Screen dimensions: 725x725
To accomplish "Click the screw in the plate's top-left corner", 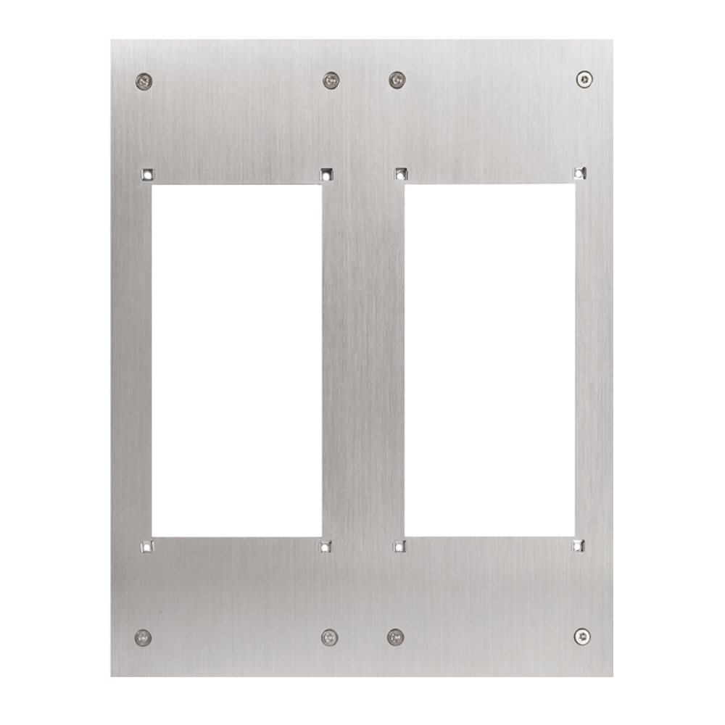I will tap(144, 80).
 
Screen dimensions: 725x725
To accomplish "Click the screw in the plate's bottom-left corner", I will tap(143, 637).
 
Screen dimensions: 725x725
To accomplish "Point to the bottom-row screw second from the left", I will tap(330, 637).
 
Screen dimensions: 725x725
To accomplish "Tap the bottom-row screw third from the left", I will tap(395, 637).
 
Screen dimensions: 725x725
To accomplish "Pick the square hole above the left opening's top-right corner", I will tap(326, 174).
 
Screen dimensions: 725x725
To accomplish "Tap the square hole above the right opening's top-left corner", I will tap(399, 173).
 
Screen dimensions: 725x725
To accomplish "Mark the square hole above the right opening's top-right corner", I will tap(578, 173).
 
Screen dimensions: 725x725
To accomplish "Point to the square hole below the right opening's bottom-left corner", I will tap(399, 547).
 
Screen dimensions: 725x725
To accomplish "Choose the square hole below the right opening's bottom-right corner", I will tap(578, 545).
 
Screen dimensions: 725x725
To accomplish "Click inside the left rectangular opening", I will tap(236, 360).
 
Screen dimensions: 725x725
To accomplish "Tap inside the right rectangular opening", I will tap(489, 360).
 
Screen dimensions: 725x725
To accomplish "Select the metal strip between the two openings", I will tap(362, 360).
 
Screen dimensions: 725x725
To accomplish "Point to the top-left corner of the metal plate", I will tap(112, 41).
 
